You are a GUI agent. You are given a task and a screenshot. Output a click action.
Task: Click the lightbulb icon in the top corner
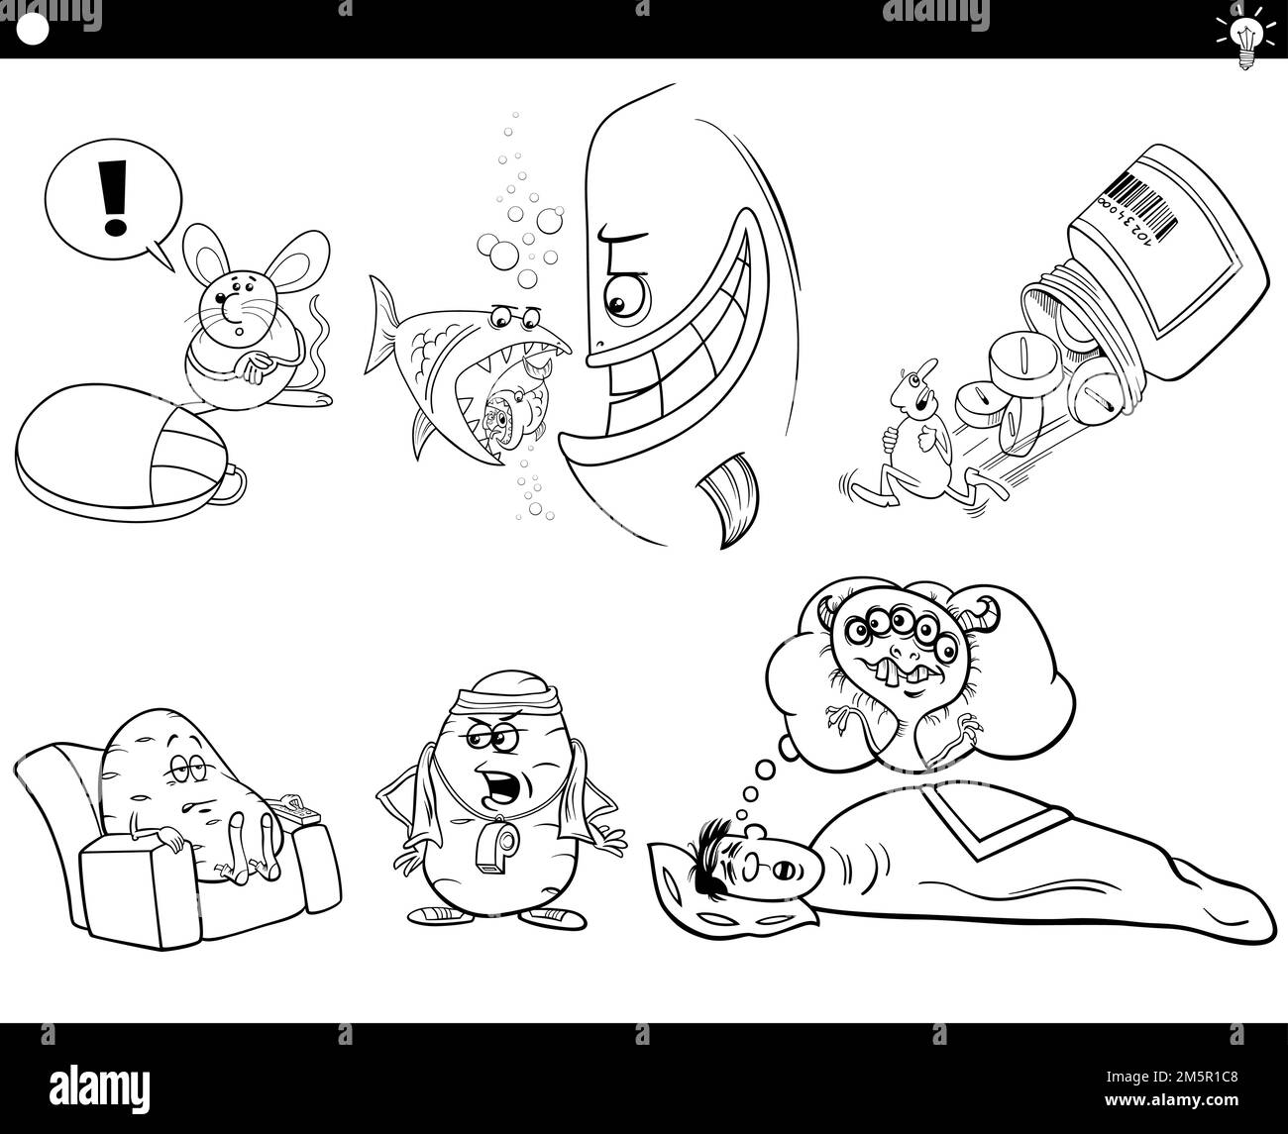click(1243, 32)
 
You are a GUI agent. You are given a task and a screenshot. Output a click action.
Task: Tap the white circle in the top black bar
click(34, 31)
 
